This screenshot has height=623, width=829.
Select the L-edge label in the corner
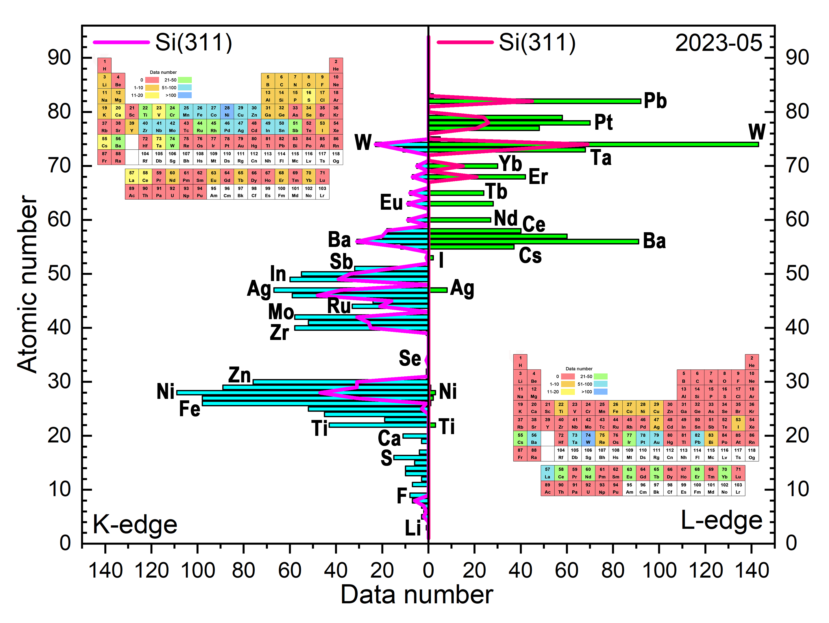721,520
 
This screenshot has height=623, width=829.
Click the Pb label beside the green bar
655,101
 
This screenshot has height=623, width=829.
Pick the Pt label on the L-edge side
603,122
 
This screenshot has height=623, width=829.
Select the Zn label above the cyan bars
240,375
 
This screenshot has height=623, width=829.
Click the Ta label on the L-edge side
601,158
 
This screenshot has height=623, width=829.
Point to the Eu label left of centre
391,202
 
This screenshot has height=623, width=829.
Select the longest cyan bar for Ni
300,393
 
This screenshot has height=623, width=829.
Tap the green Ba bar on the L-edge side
532,241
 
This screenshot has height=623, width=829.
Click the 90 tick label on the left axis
59,58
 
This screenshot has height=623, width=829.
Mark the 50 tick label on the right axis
797,274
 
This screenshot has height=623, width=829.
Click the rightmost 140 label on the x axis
752,571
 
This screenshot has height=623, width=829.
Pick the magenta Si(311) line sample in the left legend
121,42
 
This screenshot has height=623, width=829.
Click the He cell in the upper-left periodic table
336,65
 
